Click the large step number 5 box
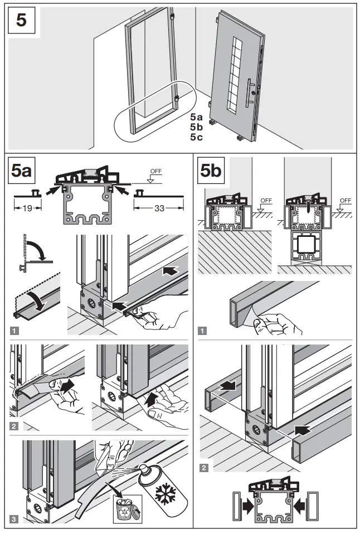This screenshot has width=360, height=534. [x=21, y=22]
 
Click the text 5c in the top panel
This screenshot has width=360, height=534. [x=196, y=137]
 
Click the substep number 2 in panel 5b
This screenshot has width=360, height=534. [x=204, y=467]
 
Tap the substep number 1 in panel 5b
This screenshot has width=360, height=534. [x=204, y=331]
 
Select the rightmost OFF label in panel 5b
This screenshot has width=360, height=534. [x=345, y=201]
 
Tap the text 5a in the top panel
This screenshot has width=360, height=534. [x=196, y=118]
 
